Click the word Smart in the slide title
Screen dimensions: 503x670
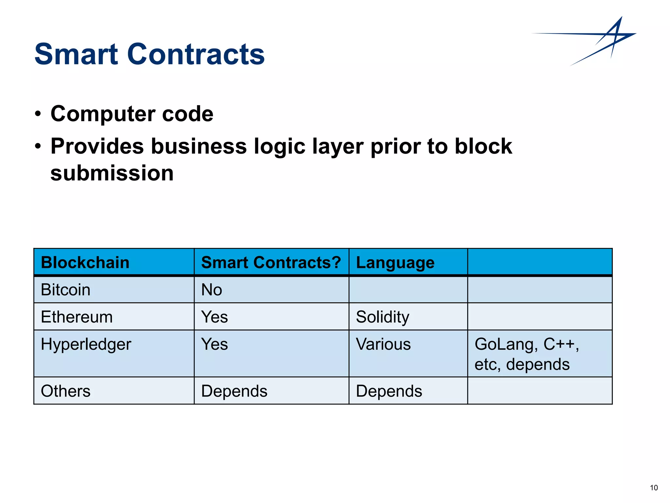click(76, 54)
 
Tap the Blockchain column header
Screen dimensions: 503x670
click(85, 263)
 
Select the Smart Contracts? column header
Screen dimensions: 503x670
click(271, 263)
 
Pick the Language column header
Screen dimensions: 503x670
click(395, 263)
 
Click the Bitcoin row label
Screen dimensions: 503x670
click(65, 290)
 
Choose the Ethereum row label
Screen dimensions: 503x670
click(77, 317)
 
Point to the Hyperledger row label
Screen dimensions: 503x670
click(86, 344)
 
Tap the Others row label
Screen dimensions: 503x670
click(65, 391)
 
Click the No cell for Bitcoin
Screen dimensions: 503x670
click(212, 290)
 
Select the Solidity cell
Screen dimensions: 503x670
click(382, 317)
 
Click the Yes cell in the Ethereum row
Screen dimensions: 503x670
click(214, 317)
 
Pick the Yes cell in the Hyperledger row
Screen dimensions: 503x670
click(214, 344)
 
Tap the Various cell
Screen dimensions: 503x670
click(383, 344)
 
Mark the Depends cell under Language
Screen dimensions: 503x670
click(389, 391)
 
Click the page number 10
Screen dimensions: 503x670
click(654, 488)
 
